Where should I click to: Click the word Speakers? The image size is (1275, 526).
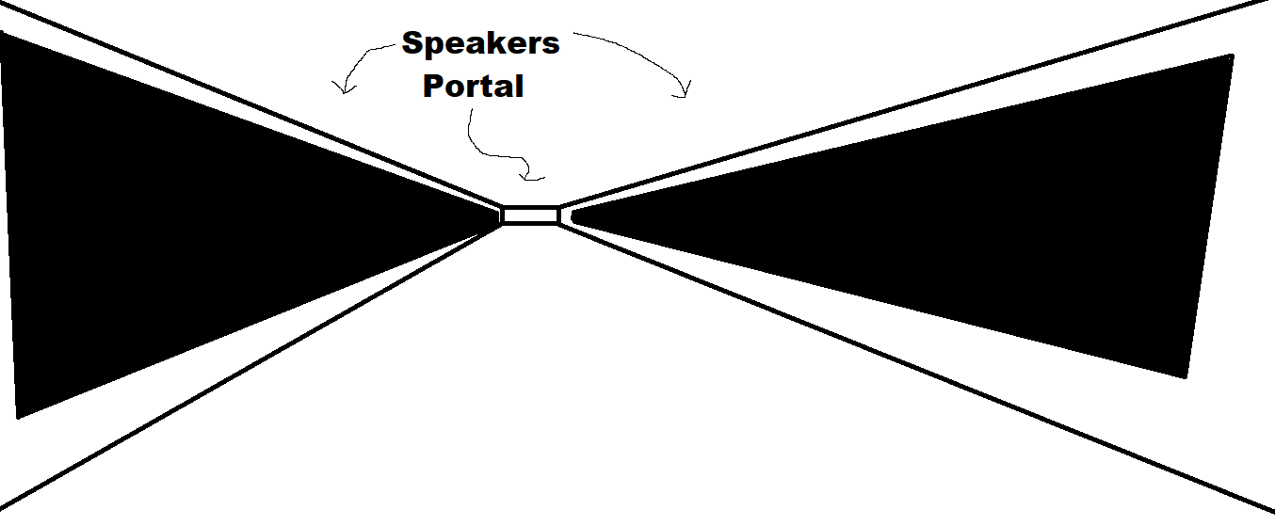coord(480,43)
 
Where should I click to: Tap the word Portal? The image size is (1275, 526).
coord(473,87)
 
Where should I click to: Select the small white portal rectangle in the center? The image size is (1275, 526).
coord(530,215)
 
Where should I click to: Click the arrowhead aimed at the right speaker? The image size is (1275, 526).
coord(685,92)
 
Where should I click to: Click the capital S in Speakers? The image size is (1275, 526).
coord(412,43)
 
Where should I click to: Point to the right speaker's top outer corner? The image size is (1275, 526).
coord(1232,56)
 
